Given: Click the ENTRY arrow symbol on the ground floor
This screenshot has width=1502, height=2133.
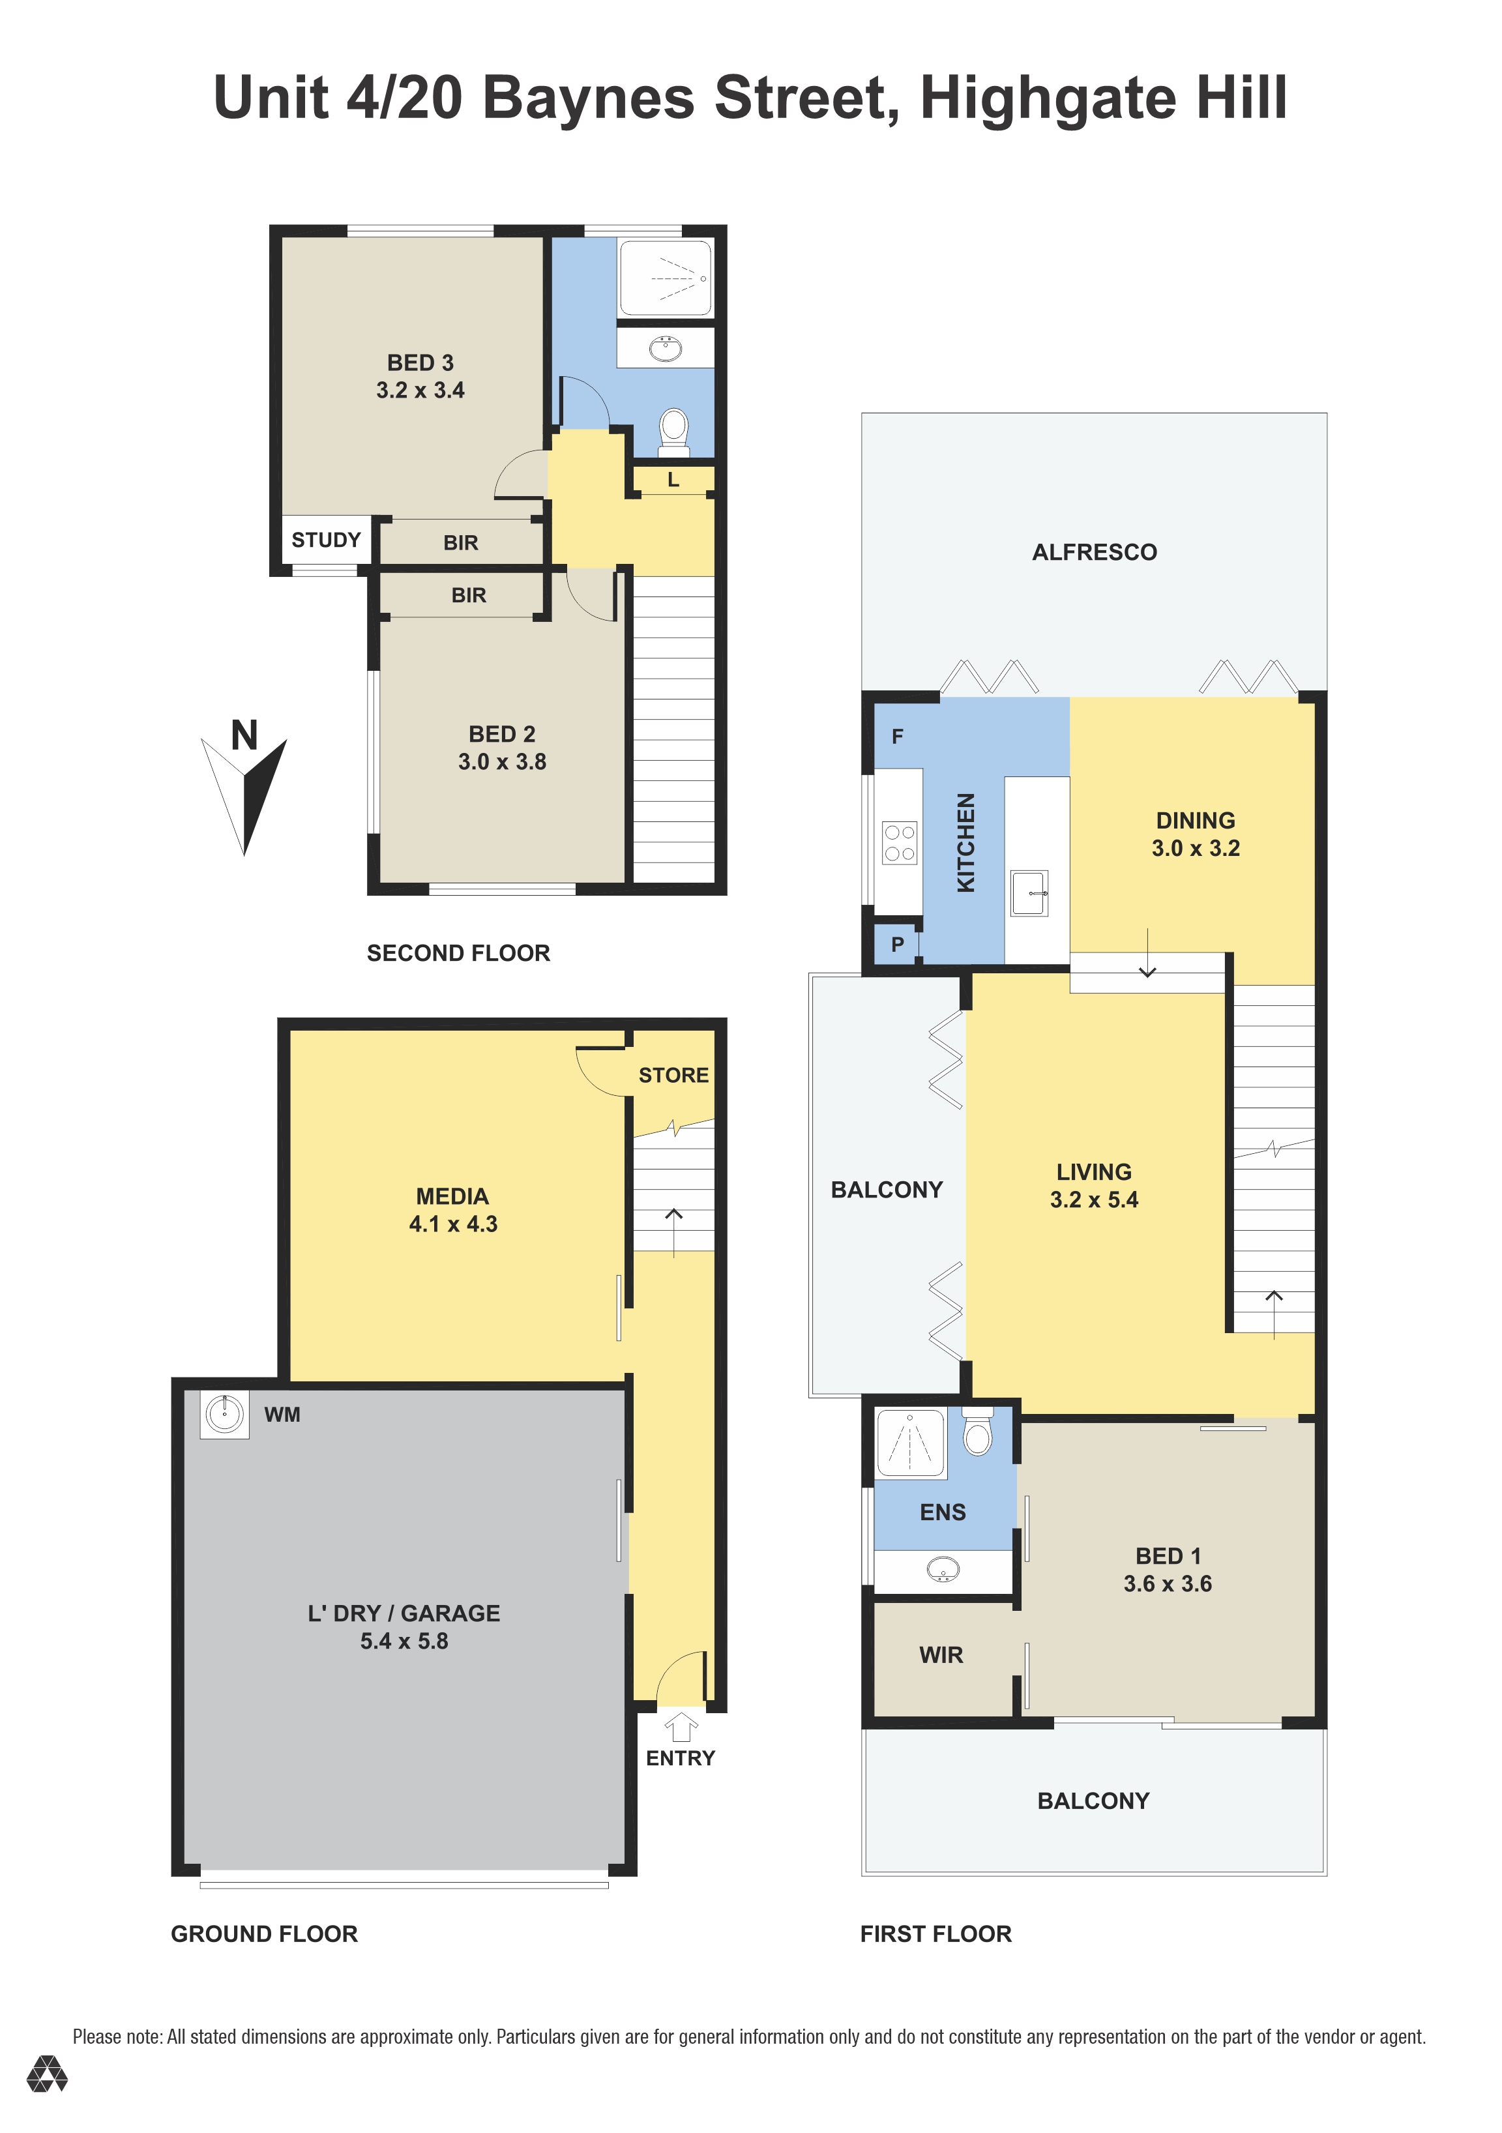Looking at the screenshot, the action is coord(681,1727).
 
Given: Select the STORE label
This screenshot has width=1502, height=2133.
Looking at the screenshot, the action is coord(673,1075).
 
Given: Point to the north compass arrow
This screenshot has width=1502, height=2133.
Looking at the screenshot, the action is coord(244,794).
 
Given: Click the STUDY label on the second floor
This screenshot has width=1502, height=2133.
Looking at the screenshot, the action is coord(326,540).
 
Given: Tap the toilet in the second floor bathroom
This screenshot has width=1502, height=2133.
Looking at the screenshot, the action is coord(673,433).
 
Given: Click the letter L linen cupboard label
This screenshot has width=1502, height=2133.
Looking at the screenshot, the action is coord(673,479).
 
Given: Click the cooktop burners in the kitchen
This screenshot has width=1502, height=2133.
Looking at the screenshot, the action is coord(899,843).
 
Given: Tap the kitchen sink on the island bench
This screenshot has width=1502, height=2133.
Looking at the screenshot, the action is coord(1029,893).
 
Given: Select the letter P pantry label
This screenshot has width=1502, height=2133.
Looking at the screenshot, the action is coord(897,945).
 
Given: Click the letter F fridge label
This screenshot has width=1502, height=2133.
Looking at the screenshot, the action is coord(897,737).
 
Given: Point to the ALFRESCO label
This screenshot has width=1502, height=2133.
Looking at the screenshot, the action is coord(1094,552).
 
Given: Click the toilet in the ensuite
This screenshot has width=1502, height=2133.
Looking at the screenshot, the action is coord(977,1431).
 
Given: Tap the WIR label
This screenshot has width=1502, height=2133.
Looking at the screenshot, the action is coord(941,1655).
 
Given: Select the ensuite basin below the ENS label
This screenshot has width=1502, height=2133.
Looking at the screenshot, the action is coord(943,1570).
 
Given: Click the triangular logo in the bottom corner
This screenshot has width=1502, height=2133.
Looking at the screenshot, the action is coord(46,2074).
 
